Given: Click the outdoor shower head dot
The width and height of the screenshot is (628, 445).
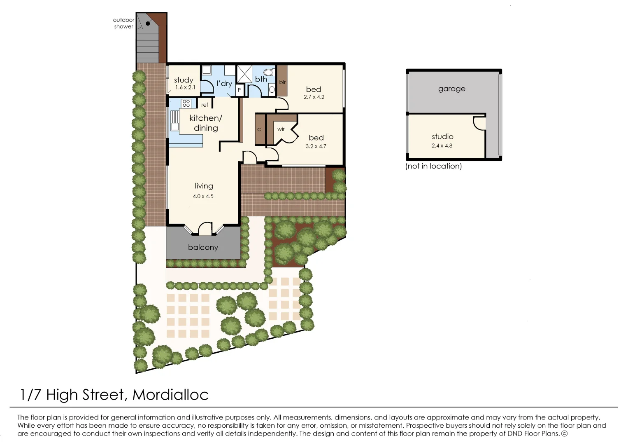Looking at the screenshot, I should coord(148,23).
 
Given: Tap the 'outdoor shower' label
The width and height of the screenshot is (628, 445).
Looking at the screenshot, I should coord(123,23).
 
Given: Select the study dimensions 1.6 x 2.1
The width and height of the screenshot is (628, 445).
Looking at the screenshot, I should coord(185,87).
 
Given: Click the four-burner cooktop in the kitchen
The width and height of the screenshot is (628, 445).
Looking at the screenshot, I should coord(186,103).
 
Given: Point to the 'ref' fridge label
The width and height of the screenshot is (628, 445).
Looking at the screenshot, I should coord(205,105).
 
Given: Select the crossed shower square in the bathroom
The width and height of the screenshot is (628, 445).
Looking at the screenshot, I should coord(244,74).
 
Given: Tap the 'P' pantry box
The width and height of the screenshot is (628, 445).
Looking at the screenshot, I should coord(239,90).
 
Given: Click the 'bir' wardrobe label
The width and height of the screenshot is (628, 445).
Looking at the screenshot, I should coord(282,82).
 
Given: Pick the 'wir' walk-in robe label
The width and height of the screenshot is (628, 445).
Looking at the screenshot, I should coord(281,129).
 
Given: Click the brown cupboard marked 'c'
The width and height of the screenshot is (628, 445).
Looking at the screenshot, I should coord(259,129).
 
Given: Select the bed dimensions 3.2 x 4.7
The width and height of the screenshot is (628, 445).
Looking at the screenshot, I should coord(316,146).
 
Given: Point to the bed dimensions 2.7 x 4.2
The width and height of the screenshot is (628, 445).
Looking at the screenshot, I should coord(314,97).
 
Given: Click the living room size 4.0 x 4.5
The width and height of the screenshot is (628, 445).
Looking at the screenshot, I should coord(203,196).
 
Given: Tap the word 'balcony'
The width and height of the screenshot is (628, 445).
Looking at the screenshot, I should coord(203,247).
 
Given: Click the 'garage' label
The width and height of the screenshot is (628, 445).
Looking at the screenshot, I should coord(451,89).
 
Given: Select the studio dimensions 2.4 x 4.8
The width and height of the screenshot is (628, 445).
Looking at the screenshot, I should coord(442,145).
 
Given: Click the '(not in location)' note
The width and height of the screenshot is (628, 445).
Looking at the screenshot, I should coord(433,166).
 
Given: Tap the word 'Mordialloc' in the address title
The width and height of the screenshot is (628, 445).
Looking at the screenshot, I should coord(170,395).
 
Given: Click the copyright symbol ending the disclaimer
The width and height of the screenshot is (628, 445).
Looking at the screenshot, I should coord(564,433).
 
